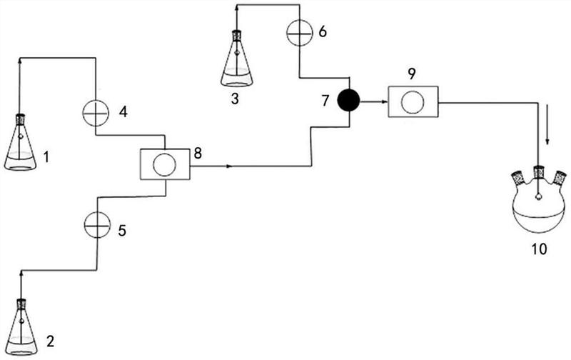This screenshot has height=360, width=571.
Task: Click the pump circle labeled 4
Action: (96, 113)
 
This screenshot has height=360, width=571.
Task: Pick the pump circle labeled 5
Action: (97, 225)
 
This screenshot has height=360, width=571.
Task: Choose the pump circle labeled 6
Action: (300, 33)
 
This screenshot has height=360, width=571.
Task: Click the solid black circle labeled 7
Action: (348, 100)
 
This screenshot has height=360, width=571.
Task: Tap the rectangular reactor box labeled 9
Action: (413, 101)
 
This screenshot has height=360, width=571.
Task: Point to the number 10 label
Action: (539, 249)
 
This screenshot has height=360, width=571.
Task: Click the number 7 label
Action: (325, 101)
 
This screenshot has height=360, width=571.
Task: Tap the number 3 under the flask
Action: (235, 99)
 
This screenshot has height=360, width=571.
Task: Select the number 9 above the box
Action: (412, 74)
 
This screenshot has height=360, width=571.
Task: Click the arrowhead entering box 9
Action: (384, 102)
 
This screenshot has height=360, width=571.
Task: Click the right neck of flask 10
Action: (559, 178)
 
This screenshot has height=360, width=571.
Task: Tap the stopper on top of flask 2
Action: (21, 304)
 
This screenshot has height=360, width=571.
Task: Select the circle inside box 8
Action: (165, 165)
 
